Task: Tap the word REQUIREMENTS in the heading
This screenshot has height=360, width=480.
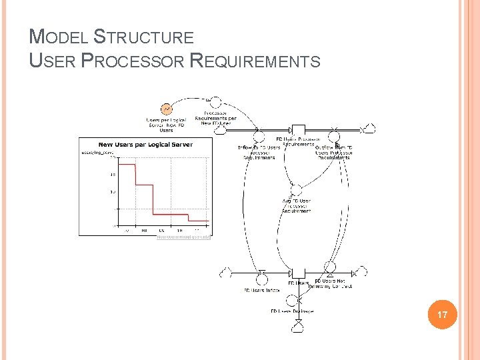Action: click(x=255, y=61)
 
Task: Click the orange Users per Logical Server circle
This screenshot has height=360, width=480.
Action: click(x=166, y=108)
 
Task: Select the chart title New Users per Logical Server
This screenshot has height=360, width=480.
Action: click(x=145, y=145)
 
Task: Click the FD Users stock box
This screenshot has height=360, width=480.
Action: click(x=298, y=273)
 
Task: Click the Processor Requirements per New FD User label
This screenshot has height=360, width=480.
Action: click(x=215, y=118)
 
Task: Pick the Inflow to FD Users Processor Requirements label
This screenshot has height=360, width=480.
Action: click(x=259, y=152)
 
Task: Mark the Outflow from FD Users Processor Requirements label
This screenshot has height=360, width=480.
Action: click(x=334, y=152)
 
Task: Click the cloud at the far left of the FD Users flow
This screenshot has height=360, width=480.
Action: click(x=226, y=273)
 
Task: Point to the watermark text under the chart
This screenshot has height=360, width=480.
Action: click(x=184, y=236)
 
